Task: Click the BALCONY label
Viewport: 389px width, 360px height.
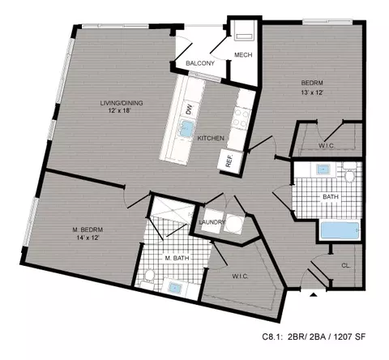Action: (x=200, y=63)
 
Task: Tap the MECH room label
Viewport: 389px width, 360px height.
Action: (x=243, y=55)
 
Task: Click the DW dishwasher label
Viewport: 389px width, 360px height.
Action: (x=189, y=110)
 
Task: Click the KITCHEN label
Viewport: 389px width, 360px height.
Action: (x=211, y=138)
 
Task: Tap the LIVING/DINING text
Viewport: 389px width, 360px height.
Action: (x=122, y=103)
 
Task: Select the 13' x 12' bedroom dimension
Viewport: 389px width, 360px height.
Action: (x=312, y=92)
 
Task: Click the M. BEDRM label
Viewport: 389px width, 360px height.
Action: (x=88, y=229)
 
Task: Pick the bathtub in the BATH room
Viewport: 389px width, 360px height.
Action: (x=340, y=230)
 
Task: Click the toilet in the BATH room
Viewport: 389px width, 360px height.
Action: (x=350, y=174)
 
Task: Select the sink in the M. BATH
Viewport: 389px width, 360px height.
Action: (x=175, y=287)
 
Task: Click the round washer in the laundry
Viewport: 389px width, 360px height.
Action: (x=233, y=224)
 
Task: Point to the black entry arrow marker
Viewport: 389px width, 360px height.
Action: (x=313, y=295)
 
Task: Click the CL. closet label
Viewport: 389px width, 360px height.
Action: (x=346, y=265)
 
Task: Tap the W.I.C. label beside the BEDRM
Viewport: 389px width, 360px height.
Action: (x=326, y=146)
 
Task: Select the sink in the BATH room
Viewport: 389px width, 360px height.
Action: (x=323, y=169)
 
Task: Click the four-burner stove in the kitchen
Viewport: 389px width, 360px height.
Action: (x=241, y=118)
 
